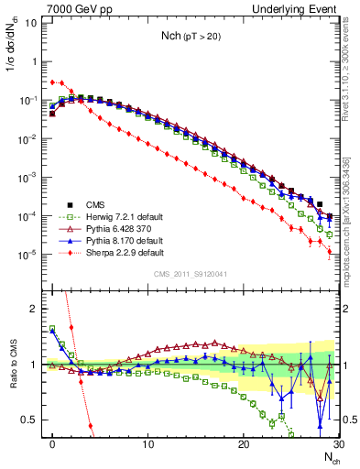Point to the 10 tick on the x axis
coord(147,444)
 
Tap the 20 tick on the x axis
coord(243,444)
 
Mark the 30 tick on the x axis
coord(337,444)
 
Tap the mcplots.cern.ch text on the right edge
coord(352,211)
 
